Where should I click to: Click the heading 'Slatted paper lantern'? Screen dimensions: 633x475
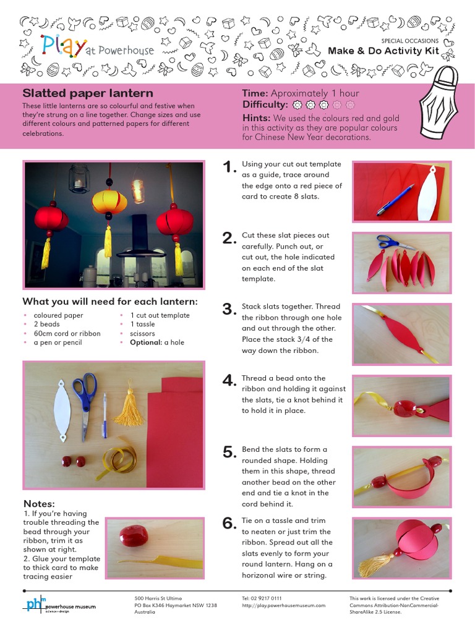coord(88,93)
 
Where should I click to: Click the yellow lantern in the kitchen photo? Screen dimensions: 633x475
coord(109,202)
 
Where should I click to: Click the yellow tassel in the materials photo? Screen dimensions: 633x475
coord(130,407)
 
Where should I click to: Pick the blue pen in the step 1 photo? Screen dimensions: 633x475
coord(395,200)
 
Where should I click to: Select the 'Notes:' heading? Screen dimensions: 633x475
coord(39,503)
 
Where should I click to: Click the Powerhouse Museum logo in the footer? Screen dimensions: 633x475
coord(60,605)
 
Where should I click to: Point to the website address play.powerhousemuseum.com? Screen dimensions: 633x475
coord(283,605)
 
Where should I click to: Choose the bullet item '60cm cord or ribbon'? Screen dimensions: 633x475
coord(67,333)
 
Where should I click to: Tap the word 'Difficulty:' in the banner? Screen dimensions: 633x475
coord(265,104)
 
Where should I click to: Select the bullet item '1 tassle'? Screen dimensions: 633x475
coord(142,324)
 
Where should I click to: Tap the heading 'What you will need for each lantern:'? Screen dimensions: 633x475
coord(110,302)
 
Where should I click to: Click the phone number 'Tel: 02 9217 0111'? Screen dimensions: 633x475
coord(262,598)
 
